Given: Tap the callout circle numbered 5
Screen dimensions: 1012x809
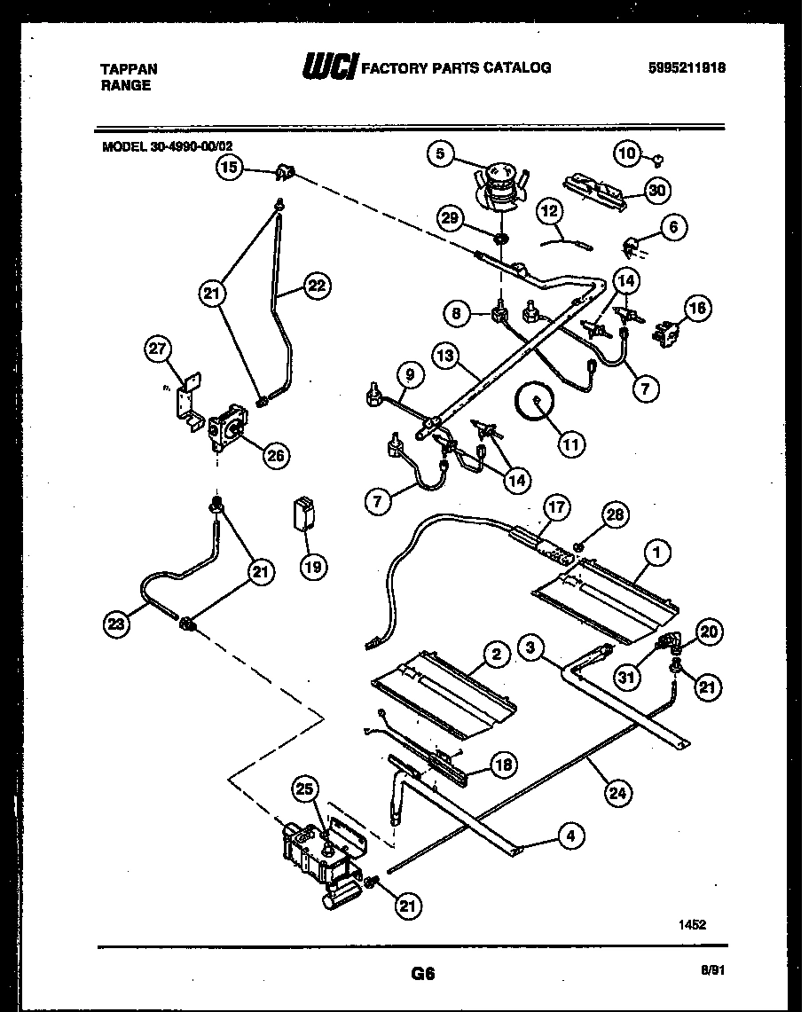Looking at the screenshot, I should [x=440, y=154].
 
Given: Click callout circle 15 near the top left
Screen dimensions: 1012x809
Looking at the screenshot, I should [x=230, y=167].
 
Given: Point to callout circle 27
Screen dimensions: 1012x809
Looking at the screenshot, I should [x=159, y=350].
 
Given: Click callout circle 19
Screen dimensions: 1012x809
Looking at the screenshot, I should [x=311, y=566].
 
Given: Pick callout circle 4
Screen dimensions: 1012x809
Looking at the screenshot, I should [x=572, y=835].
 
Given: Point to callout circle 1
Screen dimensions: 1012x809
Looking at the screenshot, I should [x=656, y=553].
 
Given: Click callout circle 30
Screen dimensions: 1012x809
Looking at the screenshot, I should [x=656, y=189].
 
